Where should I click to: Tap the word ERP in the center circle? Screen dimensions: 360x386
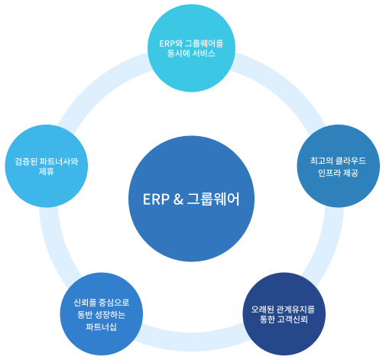(157, 200)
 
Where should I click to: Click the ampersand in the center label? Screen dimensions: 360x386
(177, 200)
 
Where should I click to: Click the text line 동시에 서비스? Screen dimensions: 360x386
(187, 54)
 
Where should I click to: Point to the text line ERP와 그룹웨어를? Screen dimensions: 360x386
(187, 42)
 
